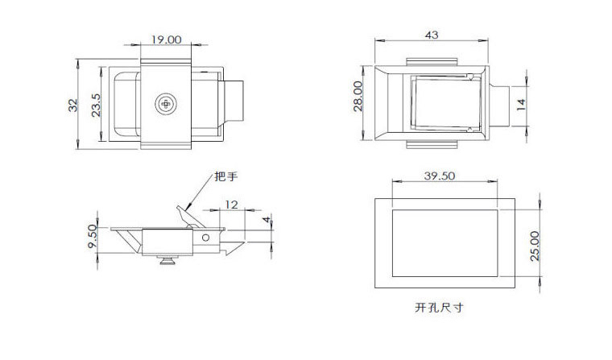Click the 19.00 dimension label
[167, 39]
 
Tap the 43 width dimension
[431, 35]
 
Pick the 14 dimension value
[520, 105]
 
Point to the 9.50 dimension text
[93, 238]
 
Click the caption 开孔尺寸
[440, 308]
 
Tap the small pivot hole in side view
[206, 238]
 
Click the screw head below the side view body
[167, 259]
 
